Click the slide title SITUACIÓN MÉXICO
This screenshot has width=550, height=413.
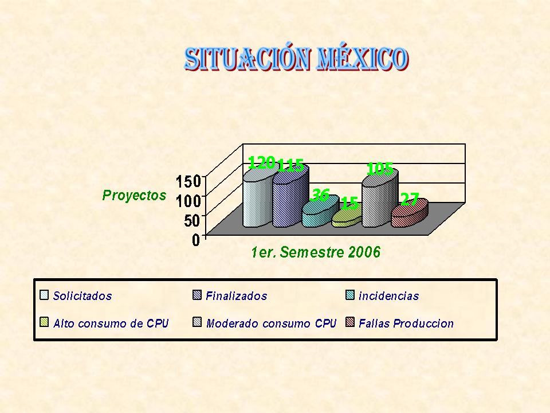click(x=296, y=59)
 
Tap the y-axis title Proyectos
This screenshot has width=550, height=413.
click(x=134, y=195)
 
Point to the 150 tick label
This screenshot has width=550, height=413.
click(x=188, y=182)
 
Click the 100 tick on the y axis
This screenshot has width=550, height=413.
click(x=188, y=201)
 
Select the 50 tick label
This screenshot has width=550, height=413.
click(x=192, y=220)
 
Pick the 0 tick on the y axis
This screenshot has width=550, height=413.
click(x=196, y=240)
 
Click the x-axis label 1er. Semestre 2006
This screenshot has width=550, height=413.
click(x=316, y=252)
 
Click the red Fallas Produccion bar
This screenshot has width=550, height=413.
click(x=410, y=213)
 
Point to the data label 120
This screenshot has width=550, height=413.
click(x=261, y=162)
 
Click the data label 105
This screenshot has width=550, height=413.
click(x=380, y=169)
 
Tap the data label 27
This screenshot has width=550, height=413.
click(x=410, y=200)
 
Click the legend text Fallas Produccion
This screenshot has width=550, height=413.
click(x=406, y=323)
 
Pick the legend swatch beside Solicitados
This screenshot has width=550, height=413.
click(x=44, y=295)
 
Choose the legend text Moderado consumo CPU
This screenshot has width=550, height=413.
click(x=271, y=323)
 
